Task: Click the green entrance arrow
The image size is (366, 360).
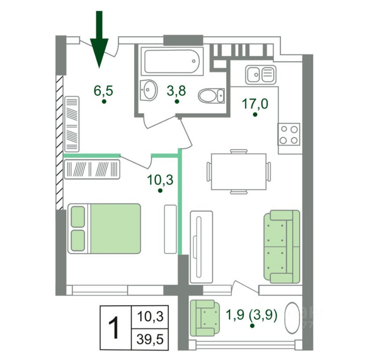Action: coord(99,40)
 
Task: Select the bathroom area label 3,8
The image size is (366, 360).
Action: coord(176,90)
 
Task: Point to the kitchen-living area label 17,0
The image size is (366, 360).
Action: coord(255,103)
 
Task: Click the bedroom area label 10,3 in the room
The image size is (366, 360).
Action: coord(160,180)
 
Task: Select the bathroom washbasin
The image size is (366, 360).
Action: coord(149,89)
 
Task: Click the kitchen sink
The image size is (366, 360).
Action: coord(261,74)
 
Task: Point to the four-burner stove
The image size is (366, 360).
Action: coord(288,134)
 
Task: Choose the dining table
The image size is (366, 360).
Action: coord(239,172)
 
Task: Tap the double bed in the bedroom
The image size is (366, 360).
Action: coord(105,228)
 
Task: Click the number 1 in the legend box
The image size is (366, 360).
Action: coord(113,326)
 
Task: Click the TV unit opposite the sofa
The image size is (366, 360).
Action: coord(201,247)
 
